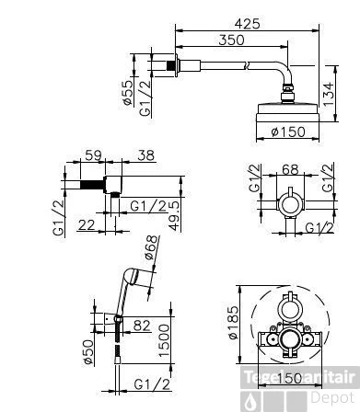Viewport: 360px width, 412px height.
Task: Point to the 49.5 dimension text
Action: (x=174, y=219)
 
